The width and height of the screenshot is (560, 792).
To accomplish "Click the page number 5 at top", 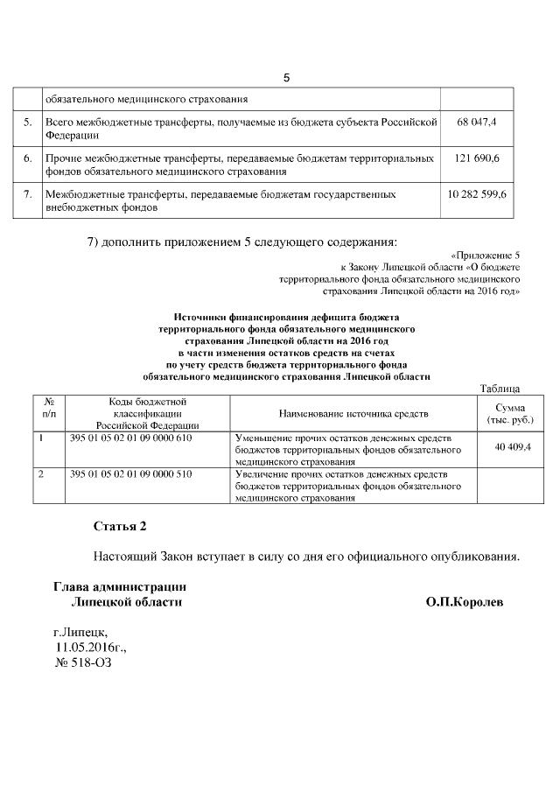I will pyautogui.click(x=286, y=78).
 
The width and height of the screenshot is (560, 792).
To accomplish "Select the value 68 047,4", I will pyautogui.click(x=477, y=123).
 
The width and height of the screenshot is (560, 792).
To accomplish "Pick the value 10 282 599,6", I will pyautogui.click(x=477, y=194).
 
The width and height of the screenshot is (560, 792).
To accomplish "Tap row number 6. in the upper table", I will pyautogui.click(x=28, y=158).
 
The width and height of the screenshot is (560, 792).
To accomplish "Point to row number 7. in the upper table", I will pyautogui.click(x=28, y=194).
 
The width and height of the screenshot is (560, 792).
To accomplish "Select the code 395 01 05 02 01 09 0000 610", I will pyautogui.click(x=129, y=438).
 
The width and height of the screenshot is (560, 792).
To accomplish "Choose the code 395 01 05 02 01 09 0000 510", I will pyautogui.click(x=129, y=474).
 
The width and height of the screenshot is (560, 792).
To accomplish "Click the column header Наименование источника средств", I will pyautogui.click(x=353, y=412).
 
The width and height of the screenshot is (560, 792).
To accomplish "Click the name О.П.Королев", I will pyautogui.click(x=465, y=603).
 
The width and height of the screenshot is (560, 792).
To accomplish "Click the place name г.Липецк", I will pyautogui.click(x=81, y=631).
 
